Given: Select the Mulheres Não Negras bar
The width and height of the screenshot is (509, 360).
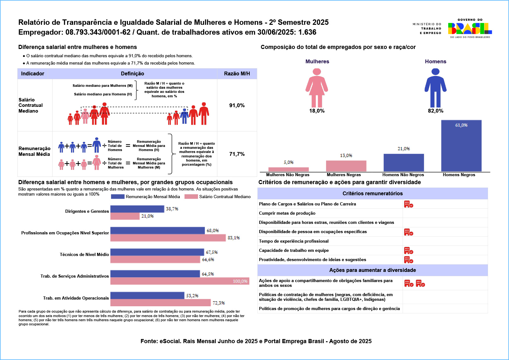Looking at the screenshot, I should click(x=289, y=169).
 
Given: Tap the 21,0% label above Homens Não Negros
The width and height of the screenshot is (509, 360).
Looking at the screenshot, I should click(x=403, y=149).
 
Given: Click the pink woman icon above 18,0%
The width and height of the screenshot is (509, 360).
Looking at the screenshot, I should click(x=317, y=88).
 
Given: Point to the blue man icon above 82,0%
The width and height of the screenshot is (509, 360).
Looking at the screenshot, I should click(x=435, y=88).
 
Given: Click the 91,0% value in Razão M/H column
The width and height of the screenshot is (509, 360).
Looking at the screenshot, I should click(x=237, y=106).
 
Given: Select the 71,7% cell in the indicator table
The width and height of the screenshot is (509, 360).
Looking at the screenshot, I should click(x=237, y=154).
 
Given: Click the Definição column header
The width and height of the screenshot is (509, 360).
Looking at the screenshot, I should click(x=132, y=74).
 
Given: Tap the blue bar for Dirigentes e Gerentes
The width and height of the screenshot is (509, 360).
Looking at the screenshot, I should click(x=137, y=209).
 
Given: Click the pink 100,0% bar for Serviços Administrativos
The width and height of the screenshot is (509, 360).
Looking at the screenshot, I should click(x=180, y=281).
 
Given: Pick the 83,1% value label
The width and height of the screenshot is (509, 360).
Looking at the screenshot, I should click(x=234, y=238).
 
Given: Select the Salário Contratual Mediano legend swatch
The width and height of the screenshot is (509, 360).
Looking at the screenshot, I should click(x=191, y=197).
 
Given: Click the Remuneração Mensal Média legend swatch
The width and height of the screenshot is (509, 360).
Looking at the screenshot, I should click(x=117, y=197).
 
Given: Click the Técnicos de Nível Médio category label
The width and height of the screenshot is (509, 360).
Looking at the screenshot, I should click(x=84, y=254).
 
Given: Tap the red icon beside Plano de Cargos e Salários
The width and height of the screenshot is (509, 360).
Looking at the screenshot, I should click(x=408, y=204).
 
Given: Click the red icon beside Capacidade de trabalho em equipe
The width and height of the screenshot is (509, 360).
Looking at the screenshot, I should click(x=408, y=251).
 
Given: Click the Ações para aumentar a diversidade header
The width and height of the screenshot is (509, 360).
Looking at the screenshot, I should click(x=373, y=270).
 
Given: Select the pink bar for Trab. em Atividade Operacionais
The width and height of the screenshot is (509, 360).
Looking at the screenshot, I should click(x=160, y=303).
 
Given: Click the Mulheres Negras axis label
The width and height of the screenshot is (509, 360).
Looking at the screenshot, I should click(x=344, y=175).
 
